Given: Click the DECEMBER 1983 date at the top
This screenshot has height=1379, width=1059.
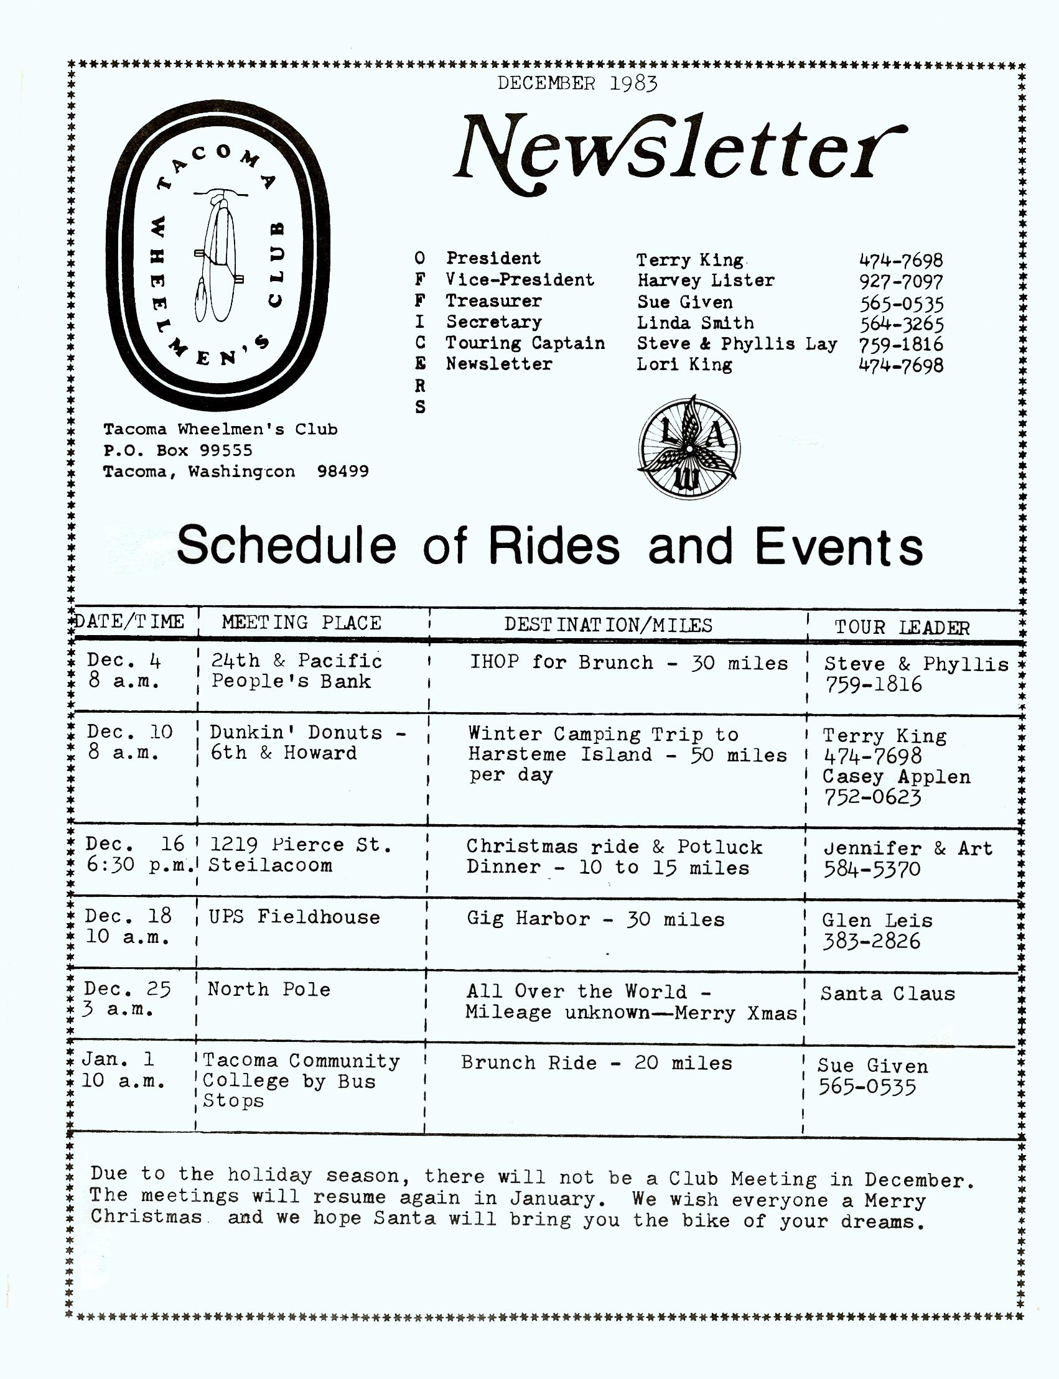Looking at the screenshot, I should tap(577, 83).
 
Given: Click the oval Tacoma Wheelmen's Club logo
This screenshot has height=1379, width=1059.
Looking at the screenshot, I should tap(218, 254).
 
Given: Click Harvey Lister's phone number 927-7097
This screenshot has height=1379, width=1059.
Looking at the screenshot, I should tap(901, 281).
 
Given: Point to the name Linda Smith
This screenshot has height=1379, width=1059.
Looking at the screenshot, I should tap(694, 323).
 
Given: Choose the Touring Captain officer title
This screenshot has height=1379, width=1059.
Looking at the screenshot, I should tap(525, 343).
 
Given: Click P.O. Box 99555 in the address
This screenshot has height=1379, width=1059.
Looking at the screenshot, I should tap(178, 450).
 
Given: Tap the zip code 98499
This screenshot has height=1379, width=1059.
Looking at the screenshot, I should tap(343, 471).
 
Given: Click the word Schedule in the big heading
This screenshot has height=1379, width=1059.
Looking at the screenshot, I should tap(286, 546).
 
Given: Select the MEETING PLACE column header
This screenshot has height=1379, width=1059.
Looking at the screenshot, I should tap(301, 623).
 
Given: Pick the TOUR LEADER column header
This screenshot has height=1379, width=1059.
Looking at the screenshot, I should tap(902, 627).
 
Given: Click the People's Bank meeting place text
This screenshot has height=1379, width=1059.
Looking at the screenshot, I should tap(291, 681).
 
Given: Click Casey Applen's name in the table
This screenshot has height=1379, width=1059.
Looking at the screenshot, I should tap(896, 776).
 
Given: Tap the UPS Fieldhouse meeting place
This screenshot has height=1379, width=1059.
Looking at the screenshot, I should tap(294, 917).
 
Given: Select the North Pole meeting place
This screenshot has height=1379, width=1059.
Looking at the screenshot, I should tap(269, 989).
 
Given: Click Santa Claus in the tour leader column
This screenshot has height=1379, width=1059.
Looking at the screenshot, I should tap(887, 994).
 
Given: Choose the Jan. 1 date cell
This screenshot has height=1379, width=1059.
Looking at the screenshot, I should tap(118, 1059).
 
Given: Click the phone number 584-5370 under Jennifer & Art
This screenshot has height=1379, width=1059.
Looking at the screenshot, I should tap(871, 869).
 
